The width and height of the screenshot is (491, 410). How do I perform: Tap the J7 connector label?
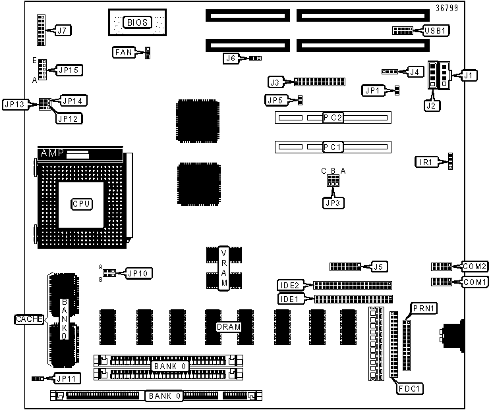(x=63, y=30)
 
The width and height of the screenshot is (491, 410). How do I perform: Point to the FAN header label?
(x=124, y=51)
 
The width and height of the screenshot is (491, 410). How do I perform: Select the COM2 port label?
(x=475, y=267)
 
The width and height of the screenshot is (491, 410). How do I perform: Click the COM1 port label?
(x=475, y=282)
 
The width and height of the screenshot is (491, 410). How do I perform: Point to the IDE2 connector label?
(x=290, y=285)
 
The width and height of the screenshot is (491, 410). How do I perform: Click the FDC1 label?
(x=410, y=389)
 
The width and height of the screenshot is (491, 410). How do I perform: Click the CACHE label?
(x=28, y=319)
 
